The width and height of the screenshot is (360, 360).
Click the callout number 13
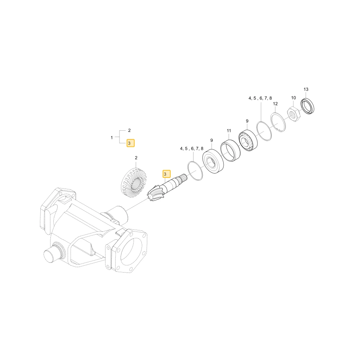[x=306, y=89]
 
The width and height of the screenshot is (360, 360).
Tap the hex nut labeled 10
[x=293, y=114]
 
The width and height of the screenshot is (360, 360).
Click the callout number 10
[x=293, y=98]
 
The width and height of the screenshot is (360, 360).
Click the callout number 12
[x=275, y=104]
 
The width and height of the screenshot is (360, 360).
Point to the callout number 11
[x=229, y=131]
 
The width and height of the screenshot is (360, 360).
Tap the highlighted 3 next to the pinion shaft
[x=166, y=174]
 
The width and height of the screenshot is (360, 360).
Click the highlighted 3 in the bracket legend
[x=130, y=143]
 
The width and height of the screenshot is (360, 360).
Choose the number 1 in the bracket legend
[x=112, y=138]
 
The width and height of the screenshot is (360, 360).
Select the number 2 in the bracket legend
[x=129, y=130]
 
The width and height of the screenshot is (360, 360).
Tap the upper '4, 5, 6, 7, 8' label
[x=260, y=98]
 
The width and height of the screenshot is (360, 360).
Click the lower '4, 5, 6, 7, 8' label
[x=192, y=149]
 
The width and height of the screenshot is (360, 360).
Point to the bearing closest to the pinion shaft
[x=213, y=161]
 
